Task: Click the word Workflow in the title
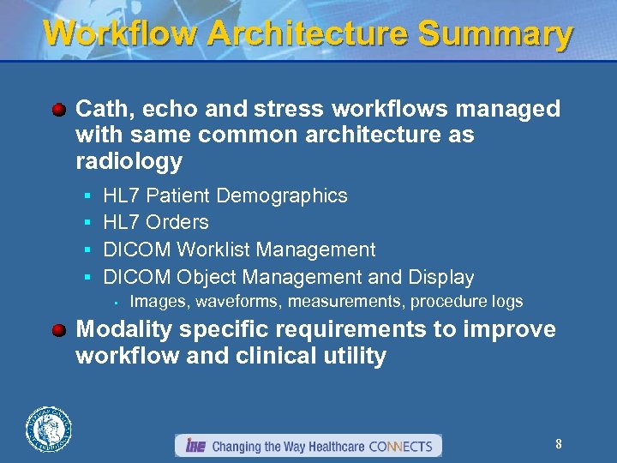120,33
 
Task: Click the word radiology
129,162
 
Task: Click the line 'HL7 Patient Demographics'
225,195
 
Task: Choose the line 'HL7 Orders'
155,223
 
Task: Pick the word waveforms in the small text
241,302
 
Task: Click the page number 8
558,444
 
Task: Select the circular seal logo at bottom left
49,429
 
